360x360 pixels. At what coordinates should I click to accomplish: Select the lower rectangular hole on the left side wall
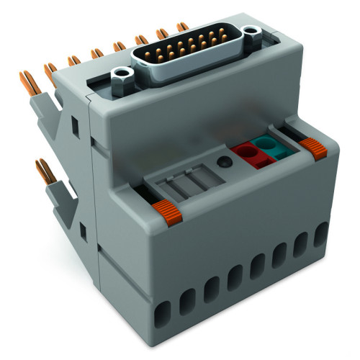(83, 230)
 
